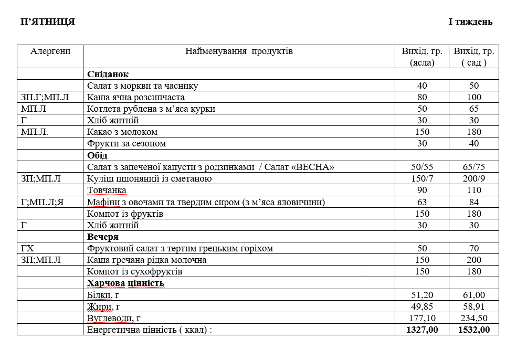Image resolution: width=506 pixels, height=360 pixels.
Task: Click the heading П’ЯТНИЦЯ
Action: click(x=48, y=22)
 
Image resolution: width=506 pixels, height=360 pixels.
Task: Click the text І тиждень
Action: click(x=470, y=22)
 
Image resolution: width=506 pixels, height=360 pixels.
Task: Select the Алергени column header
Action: click(x=50, y=51)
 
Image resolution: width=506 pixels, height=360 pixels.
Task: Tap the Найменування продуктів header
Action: click(x=239, y=51)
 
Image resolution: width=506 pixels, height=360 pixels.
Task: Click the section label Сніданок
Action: click(x=108, y=74)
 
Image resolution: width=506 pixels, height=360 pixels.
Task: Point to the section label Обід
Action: click(x=97, y=155)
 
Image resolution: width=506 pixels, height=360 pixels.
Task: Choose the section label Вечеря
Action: click(x=103, y=237)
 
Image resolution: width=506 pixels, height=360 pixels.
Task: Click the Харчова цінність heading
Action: click(x=126, y=283)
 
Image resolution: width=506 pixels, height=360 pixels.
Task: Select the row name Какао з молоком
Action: click(x=122, y=132)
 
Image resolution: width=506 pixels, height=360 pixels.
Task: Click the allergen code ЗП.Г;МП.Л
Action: click(x=45, y=97)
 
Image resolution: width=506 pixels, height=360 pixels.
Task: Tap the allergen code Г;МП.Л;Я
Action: click(x=43, y=202)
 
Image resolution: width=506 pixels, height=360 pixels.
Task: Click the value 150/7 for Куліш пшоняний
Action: click(x=422, y=178)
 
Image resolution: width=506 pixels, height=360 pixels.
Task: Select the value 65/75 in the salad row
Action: click(x=474, y=167)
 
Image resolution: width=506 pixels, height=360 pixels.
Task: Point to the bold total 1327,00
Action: click(x=422, y=330)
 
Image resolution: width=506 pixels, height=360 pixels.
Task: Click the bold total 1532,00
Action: click(x=474, y=330)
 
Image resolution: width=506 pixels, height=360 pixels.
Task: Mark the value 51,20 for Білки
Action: click(x=422, y=295)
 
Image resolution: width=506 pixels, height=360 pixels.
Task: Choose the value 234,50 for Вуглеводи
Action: click(x=474, y=318)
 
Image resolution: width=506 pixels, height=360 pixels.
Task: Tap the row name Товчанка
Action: click(x=107, y=190)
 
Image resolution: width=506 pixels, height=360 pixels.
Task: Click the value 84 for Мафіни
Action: click(x=474, y=202)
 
